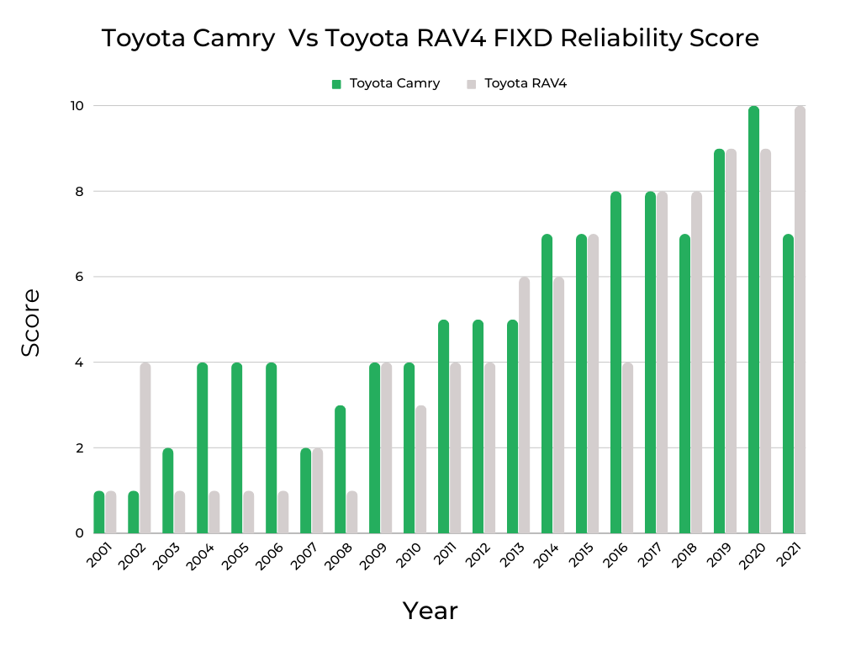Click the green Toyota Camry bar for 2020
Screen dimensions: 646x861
[753, 320]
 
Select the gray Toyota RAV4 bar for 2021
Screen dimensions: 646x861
[800, 320]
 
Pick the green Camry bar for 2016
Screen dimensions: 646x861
[615, 362]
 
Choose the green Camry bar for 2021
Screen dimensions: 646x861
[788, 384]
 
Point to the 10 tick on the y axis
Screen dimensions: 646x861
[77, 106]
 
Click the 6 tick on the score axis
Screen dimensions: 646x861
[79, 277]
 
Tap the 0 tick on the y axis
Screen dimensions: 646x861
[79, 533]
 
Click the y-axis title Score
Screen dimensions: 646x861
[31, 322]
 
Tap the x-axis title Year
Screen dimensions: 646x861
[430, 611]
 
